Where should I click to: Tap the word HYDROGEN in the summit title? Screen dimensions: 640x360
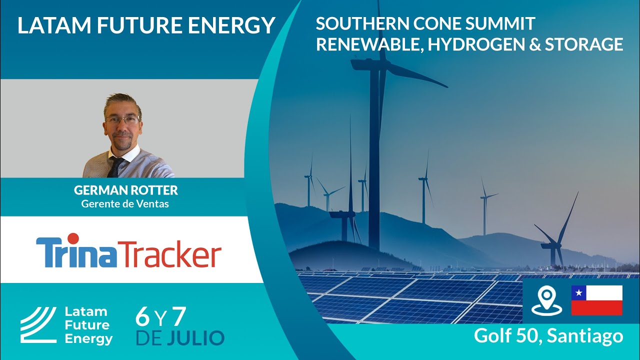tap(476, 44)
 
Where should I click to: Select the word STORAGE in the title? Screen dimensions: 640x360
tap(584, 44)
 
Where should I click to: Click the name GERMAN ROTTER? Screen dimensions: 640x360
tap(125, 190)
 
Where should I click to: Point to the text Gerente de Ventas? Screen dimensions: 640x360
tap(125, 203)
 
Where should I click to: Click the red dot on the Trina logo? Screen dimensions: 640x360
tap(73, 238)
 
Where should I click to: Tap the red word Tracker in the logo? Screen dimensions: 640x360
tap(169, 253)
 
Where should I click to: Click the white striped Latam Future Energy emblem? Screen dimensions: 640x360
tap(38, 325)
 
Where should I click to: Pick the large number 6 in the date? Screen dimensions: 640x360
tap(142, 316)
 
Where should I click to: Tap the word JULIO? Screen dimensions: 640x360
tap(195, 337)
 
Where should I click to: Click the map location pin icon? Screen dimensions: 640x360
tap(546, 300)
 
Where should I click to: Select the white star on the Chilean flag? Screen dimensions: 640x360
tap(578, 292)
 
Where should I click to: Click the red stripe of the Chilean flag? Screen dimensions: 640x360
tap(597, 307)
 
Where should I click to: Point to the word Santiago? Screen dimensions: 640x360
tap(585, 336)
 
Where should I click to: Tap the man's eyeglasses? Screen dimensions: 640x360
tap(123, 119)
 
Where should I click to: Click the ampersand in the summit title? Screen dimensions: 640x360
tap(535, 44)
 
